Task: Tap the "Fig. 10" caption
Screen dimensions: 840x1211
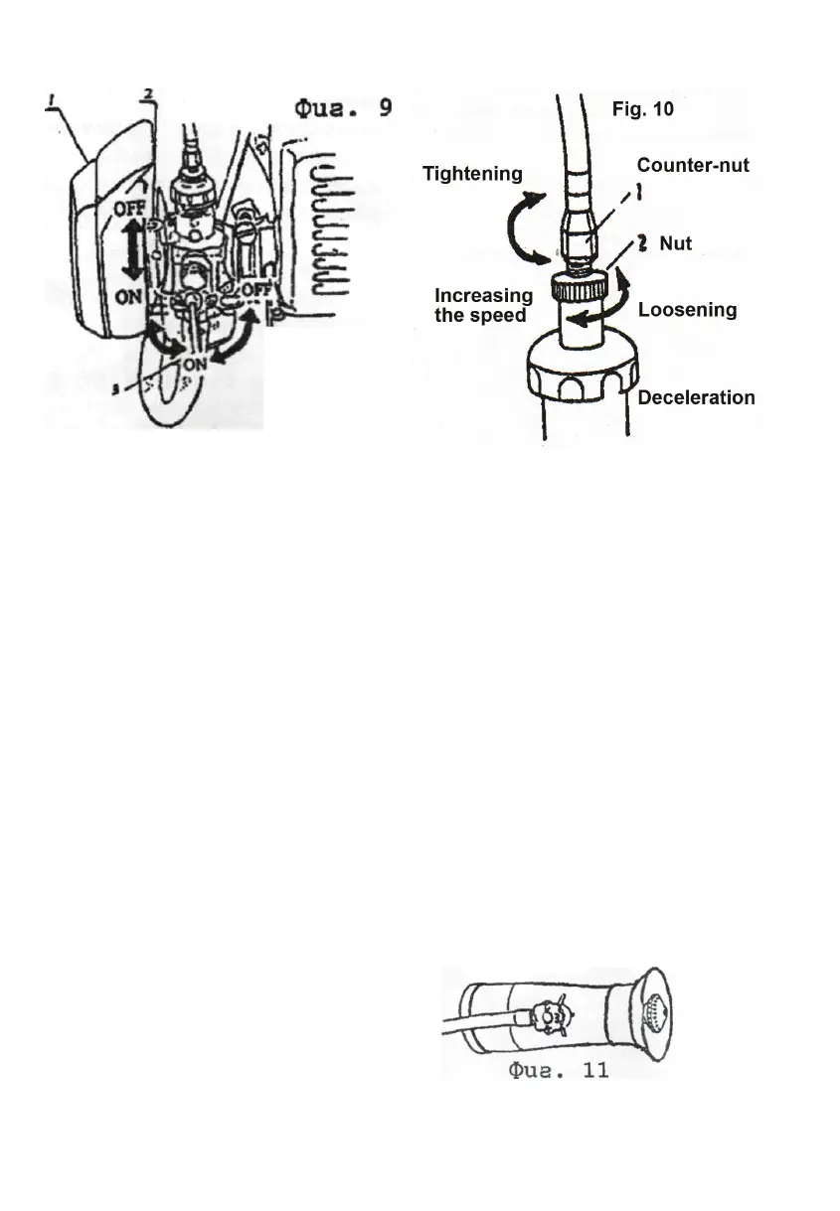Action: [x=643, y=109]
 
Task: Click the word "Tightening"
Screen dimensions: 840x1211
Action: [x=472, y=175]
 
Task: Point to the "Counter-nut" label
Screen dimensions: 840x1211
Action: [x=692, y=166]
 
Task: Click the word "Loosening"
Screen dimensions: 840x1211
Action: [x=687, y=310]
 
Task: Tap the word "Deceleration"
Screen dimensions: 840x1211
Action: [x=696, y=397]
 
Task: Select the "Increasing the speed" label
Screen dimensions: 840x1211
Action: [x=483, y=306]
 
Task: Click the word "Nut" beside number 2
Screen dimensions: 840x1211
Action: [x=676, y=244]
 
